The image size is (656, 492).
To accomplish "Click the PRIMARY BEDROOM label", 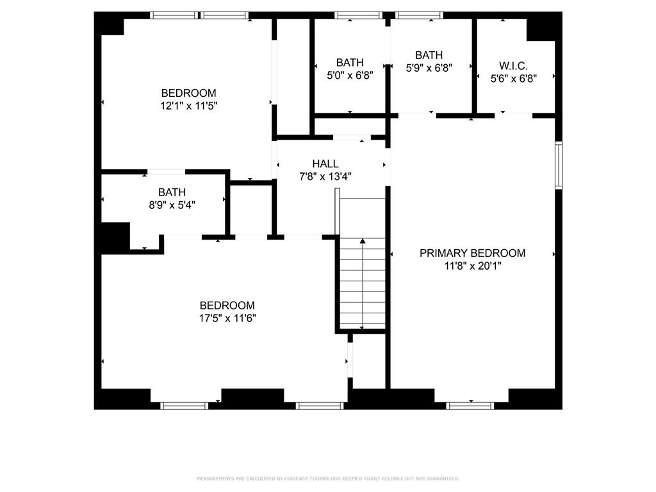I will (472, 253).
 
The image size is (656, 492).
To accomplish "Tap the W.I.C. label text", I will (513, 65).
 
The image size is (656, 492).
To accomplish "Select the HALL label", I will (325, 164).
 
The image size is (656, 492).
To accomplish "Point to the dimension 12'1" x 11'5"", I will (188, 106).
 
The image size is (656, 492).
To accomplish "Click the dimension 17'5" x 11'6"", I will (227, 318).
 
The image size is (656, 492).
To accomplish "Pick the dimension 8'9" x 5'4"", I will (172, 205).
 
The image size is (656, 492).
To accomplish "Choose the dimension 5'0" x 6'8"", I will (350, 75).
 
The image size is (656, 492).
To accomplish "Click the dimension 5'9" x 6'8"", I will (429, 67).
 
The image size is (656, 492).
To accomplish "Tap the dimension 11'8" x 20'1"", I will (472, 266).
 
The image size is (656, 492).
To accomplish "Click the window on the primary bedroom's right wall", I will (558, 165).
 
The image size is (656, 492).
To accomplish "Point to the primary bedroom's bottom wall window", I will (470, 405).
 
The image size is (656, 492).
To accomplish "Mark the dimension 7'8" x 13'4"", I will (325, 176).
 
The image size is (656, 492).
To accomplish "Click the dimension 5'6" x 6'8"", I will (513, 78).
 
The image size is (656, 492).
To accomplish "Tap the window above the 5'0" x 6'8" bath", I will (358, 15).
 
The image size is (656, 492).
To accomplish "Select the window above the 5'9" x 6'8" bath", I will (419, 15).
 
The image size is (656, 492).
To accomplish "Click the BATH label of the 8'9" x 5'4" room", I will (172, 192).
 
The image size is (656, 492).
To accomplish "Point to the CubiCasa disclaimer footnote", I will (327, 479).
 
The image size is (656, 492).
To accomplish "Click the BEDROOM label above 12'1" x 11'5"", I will (188, 93).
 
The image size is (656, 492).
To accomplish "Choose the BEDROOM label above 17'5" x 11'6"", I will (227, 306).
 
